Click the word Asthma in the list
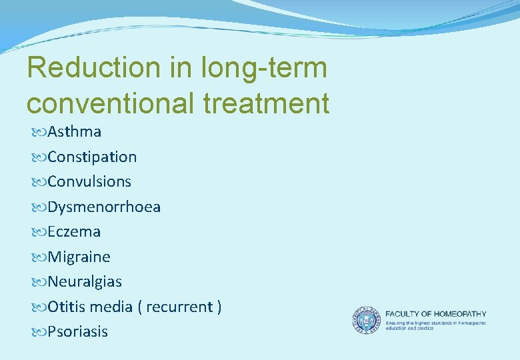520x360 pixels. click(74, 132)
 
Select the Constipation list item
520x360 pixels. click(92, 157)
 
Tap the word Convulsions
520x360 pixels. click(89, 181)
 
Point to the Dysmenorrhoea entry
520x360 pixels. click(104, 207)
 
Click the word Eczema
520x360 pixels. click(74, 232)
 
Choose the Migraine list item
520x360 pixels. click(79, 257)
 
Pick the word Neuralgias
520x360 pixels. click(85, 282)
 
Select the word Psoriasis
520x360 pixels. click(77, 332)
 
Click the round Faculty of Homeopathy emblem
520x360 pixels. click(365, 321)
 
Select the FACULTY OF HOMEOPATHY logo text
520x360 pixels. click(435, 313)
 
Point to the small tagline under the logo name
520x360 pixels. click(435, 325)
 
